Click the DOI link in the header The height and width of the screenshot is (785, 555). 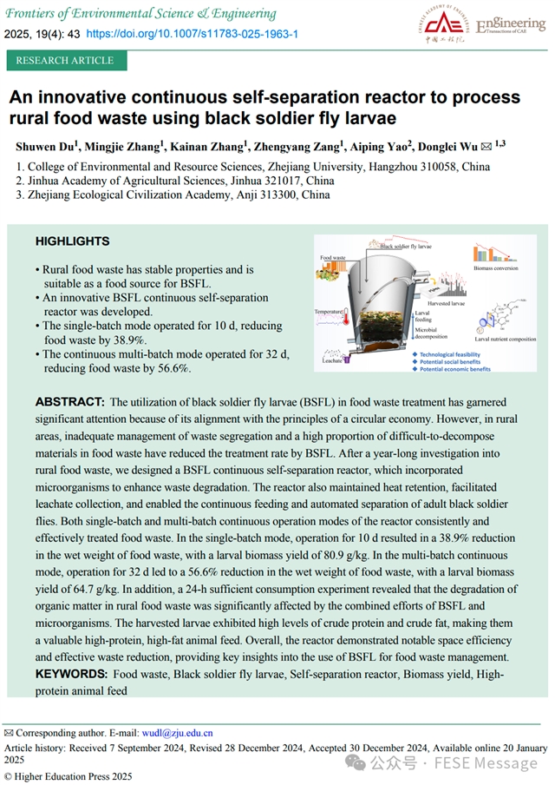(193, 33)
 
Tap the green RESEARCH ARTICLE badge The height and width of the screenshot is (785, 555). (65, 61)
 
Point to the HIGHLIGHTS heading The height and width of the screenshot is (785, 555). (72, 241)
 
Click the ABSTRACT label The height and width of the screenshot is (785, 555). (69, 402)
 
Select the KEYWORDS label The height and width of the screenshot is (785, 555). (72, 674)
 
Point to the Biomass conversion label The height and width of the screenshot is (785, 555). (497, 269)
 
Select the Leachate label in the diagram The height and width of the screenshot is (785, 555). (332, 358)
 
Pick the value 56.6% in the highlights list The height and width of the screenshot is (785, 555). (170, 368)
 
